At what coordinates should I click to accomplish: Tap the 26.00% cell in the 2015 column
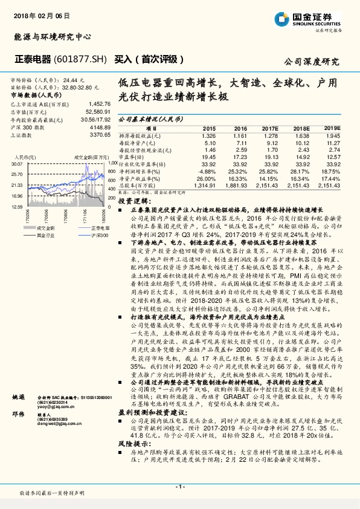click(207, 179)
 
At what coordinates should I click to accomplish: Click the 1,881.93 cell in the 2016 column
click(236, 186)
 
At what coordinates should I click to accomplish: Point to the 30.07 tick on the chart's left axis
click(16, 164)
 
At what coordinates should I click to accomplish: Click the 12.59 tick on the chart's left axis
click(16, 206)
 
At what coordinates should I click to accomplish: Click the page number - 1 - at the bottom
click(179, 487)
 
